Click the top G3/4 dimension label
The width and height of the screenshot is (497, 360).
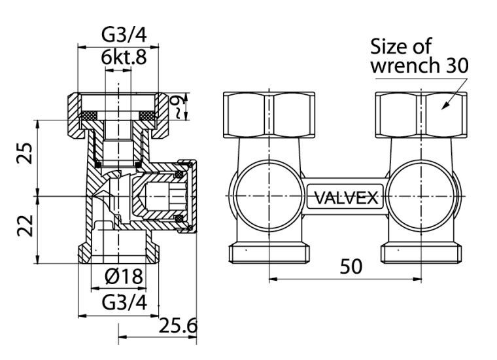[118, 34]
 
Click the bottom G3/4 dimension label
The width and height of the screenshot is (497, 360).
[118, 302]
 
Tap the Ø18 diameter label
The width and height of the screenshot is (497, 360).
[124, 277]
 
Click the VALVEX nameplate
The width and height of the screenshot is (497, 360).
[345, 197]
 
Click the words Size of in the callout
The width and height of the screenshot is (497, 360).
[400, 47]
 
